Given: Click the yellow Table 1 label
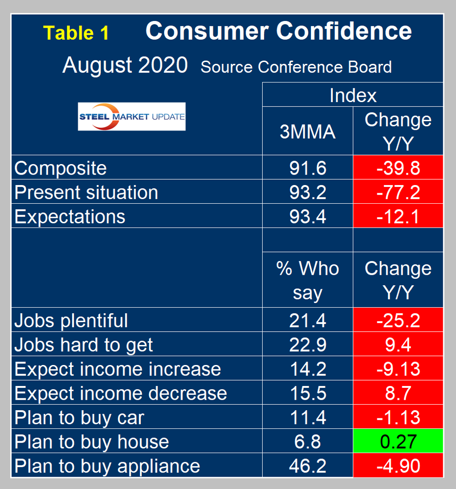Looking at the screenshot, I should tap(76, 33).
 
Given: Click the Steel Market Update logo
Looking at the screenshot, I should tap(132, 117).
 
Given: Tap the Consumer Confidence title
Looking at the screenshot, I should tap(279, 31).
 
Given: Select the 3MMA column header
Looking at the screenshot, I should tap(307, 132).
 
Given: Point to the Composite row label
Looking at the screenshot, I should tap(61, 168).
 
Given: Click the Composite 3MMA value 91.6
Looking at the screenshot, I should tap(307, 168).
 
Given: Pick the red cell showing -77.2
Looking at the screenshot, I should tap(398, 192).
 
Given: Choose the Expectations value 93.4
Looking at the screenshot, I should tap(307, 216).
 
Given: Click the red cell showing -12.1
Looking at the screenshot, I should tap(398, 216).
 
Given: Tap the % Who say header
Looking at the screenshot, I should tap(307, 280).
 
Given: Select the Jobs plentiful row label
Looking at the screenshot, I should tap(71, 320).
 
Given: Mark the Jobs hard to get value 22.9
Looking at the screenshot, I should tap(307, 345).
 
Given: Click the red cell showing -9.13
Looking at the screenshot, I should tap(398, 369).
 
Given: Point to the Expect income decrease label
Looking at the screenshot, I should tap(120, 393).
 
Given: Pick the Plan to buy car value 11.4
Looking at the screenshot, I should tap(307, 417).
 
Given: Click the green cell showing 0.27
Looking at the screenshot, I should tap(398, 441).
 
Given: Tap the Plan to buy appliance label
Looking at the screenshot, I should tap(107, 466).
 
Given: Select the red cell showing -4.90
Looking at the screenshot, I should tap(398, 466).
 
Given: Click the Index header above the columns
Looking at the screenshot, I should tap(352, 95).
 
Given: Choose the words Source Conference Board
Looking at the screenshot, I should tap(296, 67).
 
